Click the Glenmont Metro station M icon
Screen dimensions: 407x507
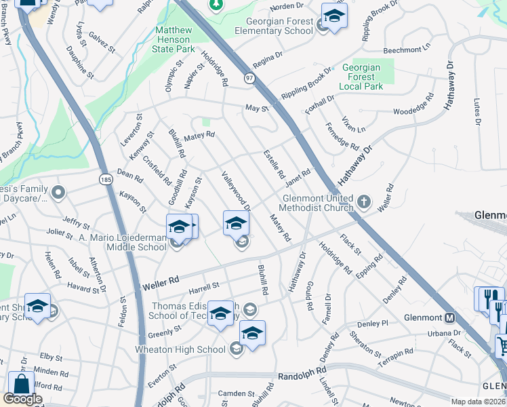pyautogui.click(x=449, y=317)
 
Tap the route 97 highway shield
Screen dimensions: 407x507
pyautogui.click(x=249, y=79)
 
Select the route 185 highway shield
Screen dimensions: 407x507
pyautogui.click(x=105, y=180)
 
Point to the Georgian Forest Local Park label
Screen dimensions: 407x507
pyautogui.click(x=362, y=77)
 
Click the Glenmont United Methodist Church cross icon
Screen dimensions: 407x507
pyautogui.click(x=364, y=201)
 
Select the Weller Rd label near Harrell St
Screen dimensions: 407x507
pyautogui.click(x=160, y=279)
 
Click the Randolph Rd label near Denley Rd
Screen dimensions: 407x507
pyautogui.click(x=302, y=374)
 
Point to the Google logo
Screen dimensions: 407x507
pyautogui.click(x=22, y=399)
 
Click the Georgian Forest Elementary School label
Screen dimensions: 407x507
pyautogui.click(x=274, y=26)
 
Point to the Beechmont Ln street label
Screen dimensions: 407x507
pyautogui.click(x=407, y=50)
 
